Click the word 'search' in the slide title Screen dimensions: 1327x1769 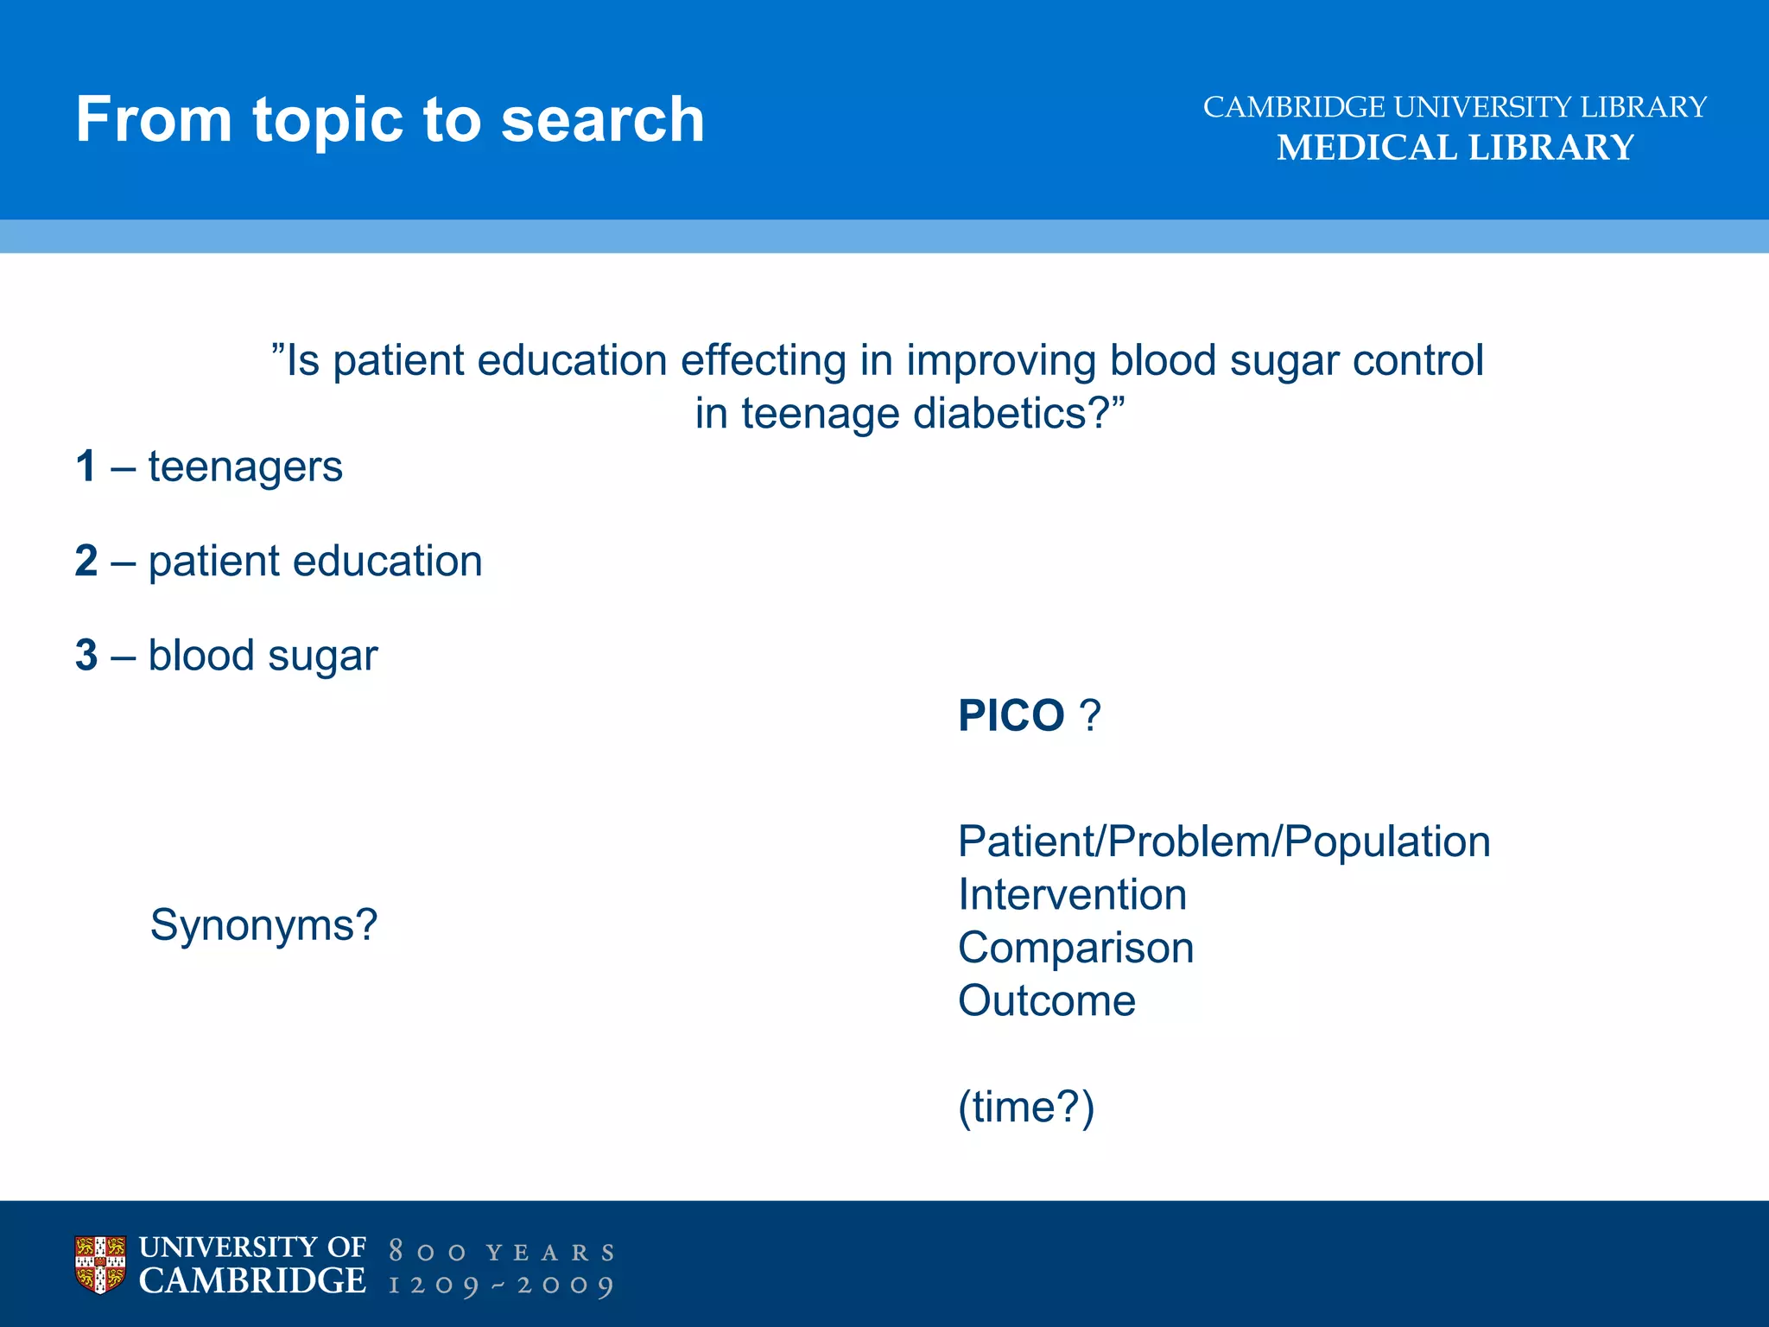[602, 119]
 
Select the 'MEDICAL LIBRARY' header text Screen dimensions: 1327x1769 [1455, 148]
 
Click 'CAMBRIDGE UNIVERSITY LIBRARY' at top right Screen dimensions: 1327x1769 [1455, 107]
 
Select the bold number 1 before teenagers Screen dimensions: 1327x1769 [86, 467]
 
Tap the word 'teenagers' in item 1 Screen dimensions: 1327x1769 [245, 467]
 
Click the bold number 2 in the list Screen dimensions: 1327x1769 [86, 561]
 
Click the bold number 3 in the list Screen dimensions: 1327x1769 [86, 655]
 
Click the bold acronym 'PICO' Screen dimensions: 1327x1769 [1011, 715]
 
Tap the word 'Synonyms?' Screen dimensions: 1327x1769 [263, 925]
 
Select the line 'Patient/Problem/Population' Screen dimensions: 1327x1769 [1223, 841]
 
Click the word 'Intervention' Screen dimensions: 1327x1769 [1072, 894]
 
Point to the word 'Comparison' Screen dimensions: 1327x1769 [1075, 948]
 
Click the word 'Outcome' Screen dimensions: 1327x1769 [1046, 1000]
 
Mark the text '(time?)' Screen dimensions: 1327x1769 [1025, 1107]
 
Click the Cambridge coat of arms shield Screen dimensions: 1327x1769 [100, 1265]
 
